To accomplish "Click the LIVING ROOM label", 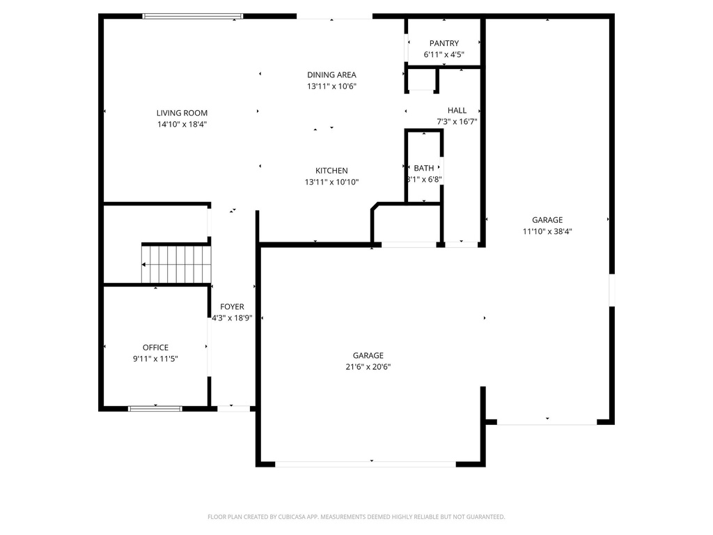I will [x=182, y=113].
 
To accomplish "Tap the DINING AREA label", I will [x=331, y=75].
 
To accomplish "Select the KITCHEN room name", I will [x=331, y=171].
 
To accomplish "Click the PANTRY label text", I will [x=444, y=43].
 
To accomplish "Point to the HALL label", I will [x=457, y=110].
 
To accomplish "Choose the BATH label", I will [x=423, y=168].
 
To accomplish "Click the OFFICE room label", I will [x=155, y=348].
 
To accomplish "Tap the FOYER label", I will [x=232, y=307].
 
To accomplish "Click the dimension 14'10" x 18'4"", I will [x=182, y=124].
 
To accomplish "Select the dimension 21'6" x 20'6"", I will [x=368, y=366].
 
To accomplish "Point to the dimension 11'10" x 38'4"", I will [x=547, y=231].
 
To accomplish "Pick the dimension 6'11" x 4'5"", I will [x=444, y=54].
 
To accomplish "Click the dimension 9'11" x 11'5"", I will [x=155, y=359].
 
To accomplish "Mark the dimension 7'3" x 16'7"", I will [x=457, y=121].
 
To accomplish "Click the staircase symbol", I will [x=177, y=264].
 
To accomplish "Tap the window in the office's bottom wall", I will [x=155, y=408].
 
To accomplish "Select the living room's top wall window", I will [x=193, y=16].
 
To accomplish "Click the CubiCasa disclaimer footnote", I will [x=356, y=517].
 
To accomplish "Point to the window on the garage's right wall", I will [x=611, y=290].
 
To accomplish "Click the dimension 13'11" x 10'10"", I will [x=331, y=182].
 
